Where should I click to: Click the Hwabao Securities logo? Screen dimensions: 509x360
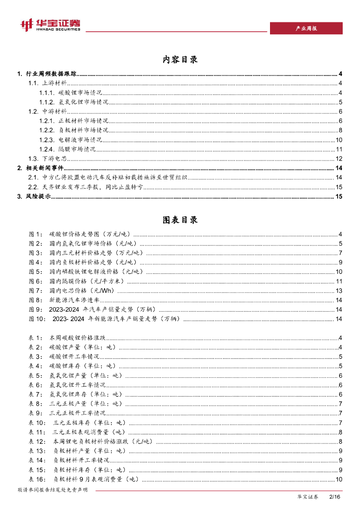point(50,25)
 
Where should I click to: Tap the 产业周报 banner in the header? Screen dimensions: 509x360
point(306,28)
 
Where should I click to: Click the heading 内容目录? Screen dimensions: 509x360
point(180,60)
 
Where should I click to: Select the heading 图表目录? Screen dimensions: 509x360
point(180,220)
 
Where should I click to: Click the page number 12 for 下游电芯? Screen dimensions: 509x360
point(339,159)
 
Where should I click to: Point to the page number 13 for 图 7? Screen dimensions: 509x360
point(339,290)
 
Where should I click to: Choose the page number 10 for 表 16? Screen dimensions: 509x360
point(339,479)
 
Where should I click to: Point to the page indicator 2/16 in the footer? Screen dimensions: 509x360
point(334,497)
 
